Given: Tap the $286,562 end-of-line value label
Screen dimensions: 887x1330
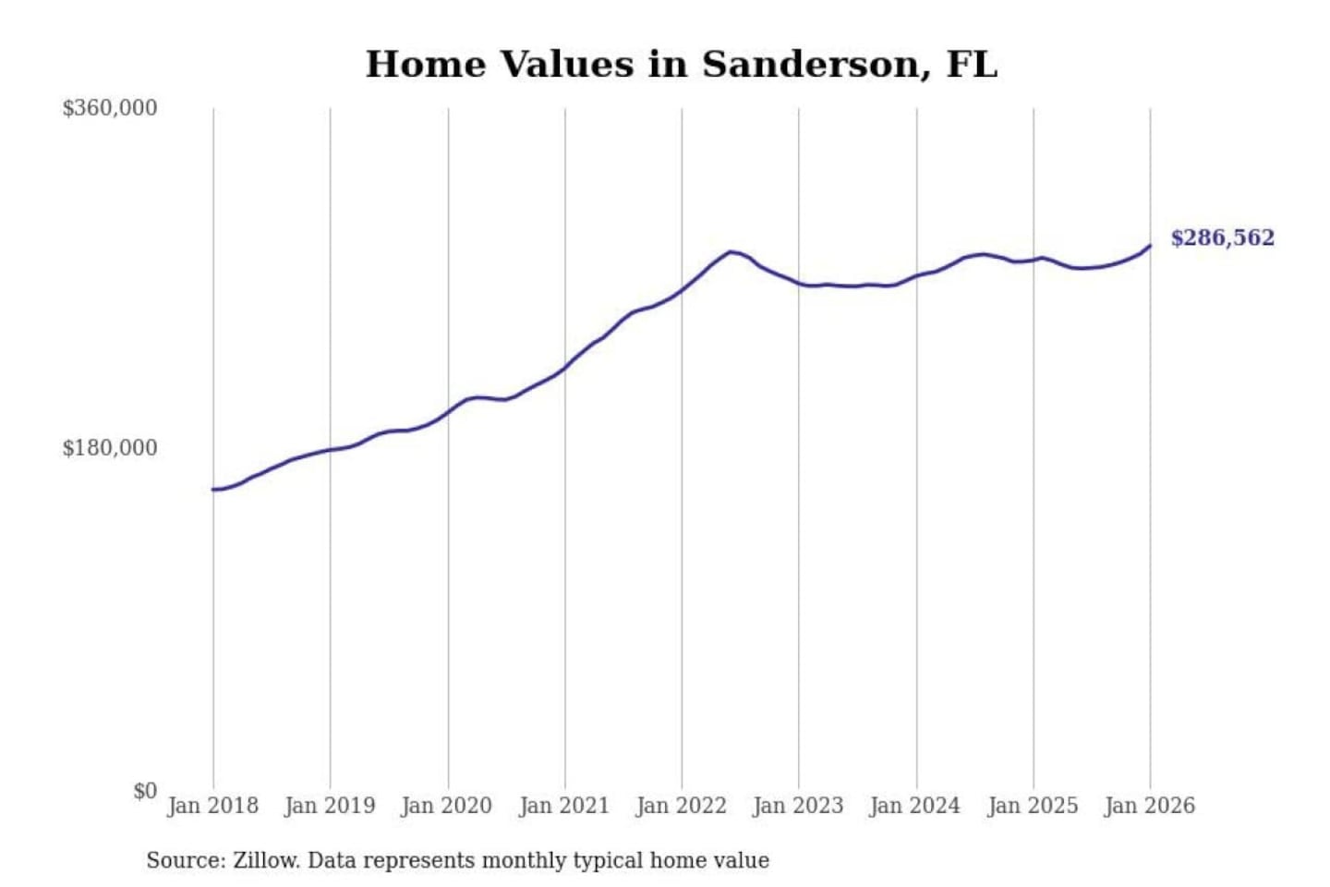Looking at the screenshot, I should [1222, 238].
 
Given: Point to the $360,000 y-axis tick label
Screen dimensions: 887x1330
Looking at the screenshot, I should [110, 108].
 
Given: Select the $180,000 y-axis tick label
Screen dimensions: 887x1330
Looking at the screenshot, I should [110, 448].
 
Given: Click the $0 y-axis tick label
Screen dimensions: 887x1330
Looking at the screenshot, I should [145, 791].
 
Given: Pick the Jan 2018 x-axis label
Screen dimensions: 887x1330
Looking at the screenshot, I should [212, 806].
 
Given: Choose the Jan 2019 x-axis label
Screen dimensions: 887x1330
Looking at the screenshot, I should [330, 806].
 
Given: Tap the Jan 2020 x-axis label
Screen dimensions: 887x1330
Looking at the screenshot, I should [447, 806].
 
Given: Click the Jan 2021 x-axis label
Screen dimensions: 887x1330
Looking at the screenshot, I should [564, 806].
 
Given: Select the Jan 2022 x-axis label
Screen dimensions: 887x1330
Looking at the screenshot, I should [682, 806].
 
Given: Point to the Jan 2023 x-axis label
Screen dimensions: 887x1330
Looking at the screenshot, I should [798, 806].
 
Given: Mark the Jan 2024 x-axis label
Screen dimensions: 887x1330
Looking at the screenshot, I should [915, 806].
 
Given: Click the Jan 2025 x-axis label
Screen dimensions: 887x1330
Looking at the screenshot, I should [1033, 806].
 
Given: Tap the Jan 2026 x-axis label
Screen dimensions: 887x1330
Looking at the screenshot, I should [1150, 806].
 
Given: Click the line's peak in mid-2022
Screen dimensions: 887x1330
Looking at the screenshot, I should [731, 251].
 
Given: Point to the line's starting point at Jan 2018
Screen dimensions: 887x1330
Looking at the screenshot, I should [213, 490].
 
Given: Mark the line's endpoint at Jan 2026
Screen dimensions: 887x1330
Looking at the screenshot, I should [1150, 245].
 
